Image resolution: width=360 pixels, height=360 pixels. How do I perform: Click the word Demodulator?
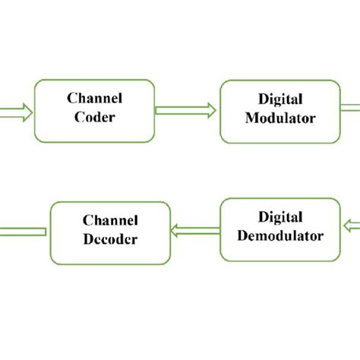point(280,236)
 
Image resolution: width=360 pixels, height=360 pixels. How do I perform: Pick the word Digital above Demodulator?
point(280,217)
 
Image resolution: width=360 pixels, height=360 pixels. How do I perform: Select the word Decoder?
point(110,239)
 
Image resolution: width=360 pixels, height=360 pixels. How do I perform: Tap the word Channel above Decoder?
point(110,220)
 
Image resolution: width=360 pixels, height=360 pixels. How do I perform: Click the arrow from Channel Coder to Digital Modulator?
point(187,110)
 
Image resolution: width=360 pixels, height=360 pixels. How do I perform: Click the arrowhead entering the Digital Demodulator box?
point(349,225)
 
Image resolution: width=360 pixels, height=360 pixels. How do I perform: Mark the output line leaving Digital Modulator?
point(351,109)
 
